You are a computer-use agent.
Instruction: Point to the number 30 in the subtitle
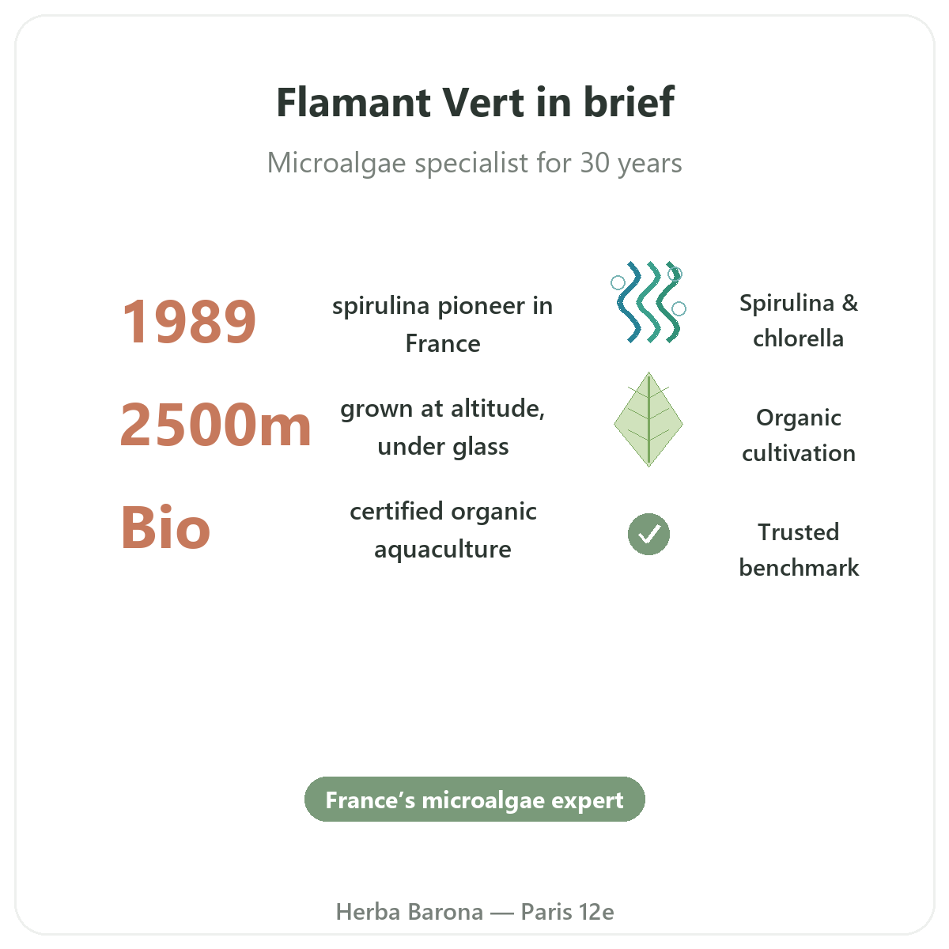595,163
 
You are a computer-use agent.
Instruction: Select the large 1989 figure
189,322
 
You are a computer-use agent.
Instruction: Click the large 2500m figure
216,424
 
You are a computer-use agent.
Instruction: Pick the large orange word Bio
165,527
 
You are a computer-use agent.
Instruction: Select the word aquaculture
443,550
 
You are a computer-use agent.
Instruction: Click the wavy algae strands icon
648,302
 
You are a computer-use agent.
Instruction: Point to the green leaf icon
648,419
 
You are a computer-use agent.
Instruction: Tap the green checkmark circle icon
648,535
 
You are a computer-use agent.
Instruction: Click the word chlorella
798,338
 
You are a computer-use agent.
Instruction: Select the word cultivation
798,454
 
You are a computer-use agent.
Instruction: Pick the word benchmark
799,568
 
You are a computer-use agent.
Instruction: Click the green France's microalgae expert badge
475,800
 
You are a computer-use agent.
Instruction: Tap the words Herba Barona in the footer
409,912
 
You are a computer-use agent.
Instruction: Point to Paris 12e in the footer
567,912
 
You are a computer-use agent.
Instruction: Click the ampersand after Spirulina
849,303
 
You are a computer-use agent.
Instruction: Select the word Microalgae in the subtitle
336,163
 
